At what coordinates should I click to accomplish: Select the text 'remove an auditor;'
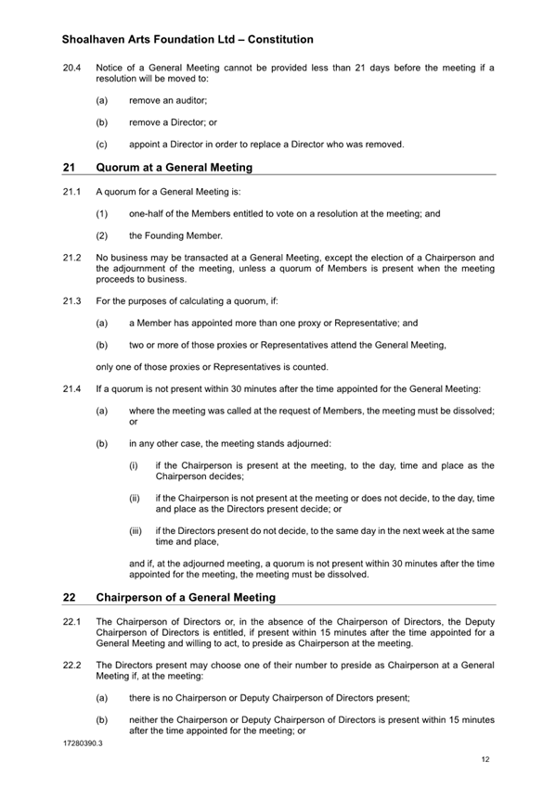click(x=168, y=98)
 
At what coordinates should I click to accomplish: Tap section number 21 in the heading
click(x=69, y=168)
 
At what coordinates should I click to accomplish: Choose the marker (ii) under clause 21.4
click(x=135, y=498)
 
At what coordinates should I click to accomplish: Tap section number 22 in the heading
click(x=69, y=598)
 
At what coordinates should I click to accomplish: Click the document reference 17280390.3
click(x=83, y=743)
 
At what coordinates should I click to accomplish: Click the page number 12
click(x=485, y=759)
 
